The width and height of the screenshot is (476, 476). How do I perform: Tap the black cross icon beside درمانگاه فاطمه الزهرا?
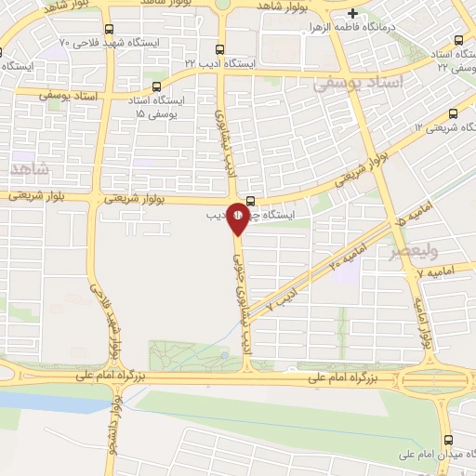point(352,14)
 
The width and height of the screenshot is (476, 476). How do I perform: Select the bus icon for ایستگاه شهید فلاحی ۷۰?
point(111,29)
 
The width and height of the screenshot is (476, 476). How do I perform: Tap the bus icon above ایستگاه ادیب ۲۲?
point(219,49)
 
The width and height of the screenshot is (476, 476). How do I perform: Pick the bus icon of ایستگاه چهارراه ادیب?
point(250,198)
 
